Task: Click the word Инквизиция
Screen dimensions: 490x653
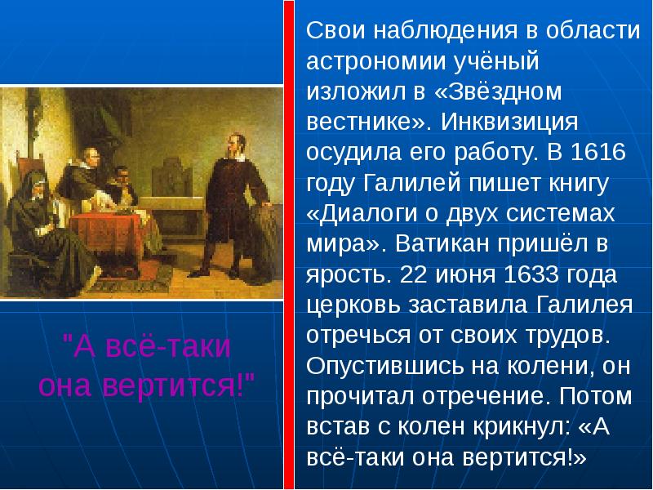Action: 511,122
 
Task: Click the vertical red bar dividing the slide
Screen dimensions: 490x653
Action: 288,245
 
